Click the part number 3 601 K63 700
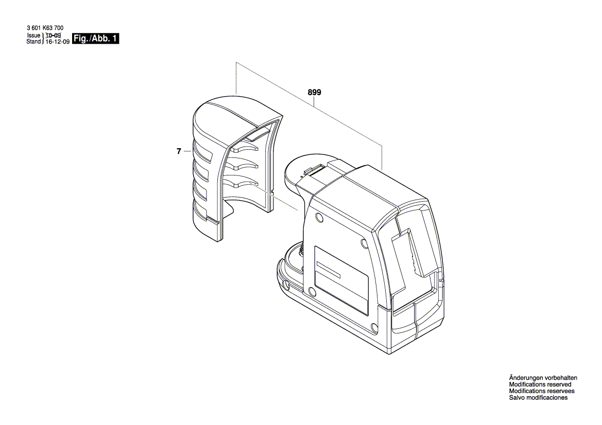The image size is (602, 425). (45, 28)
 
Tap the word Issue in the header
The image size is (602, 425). (34, 36)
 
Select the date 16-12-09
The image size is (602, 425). (58, 42)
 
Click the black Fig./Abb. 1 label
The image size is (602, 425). (96, 39)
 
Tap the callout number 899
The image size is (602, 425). (315, 93)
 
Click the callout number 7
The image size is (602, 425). (179, 151)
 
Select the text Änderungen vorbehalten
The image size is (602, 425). (543, 378)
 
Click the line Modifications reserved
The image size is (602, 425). (540, 384)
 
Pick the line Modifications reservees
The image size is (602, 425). (542, 391)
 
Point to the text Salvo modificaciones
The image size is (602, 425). (538, 398)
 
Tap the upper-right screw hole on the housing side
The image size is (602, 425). (365, 243)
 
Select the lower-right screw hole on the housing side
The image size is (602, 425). (374, 327)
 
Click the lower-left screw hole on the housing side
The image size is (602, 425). (312, 293)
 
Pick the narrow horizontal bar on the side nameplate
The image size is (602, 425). (329, 270)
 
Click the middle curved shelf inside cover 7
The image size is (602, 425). (244, 165)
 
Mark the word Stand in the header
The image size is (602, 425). (33, 42)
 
